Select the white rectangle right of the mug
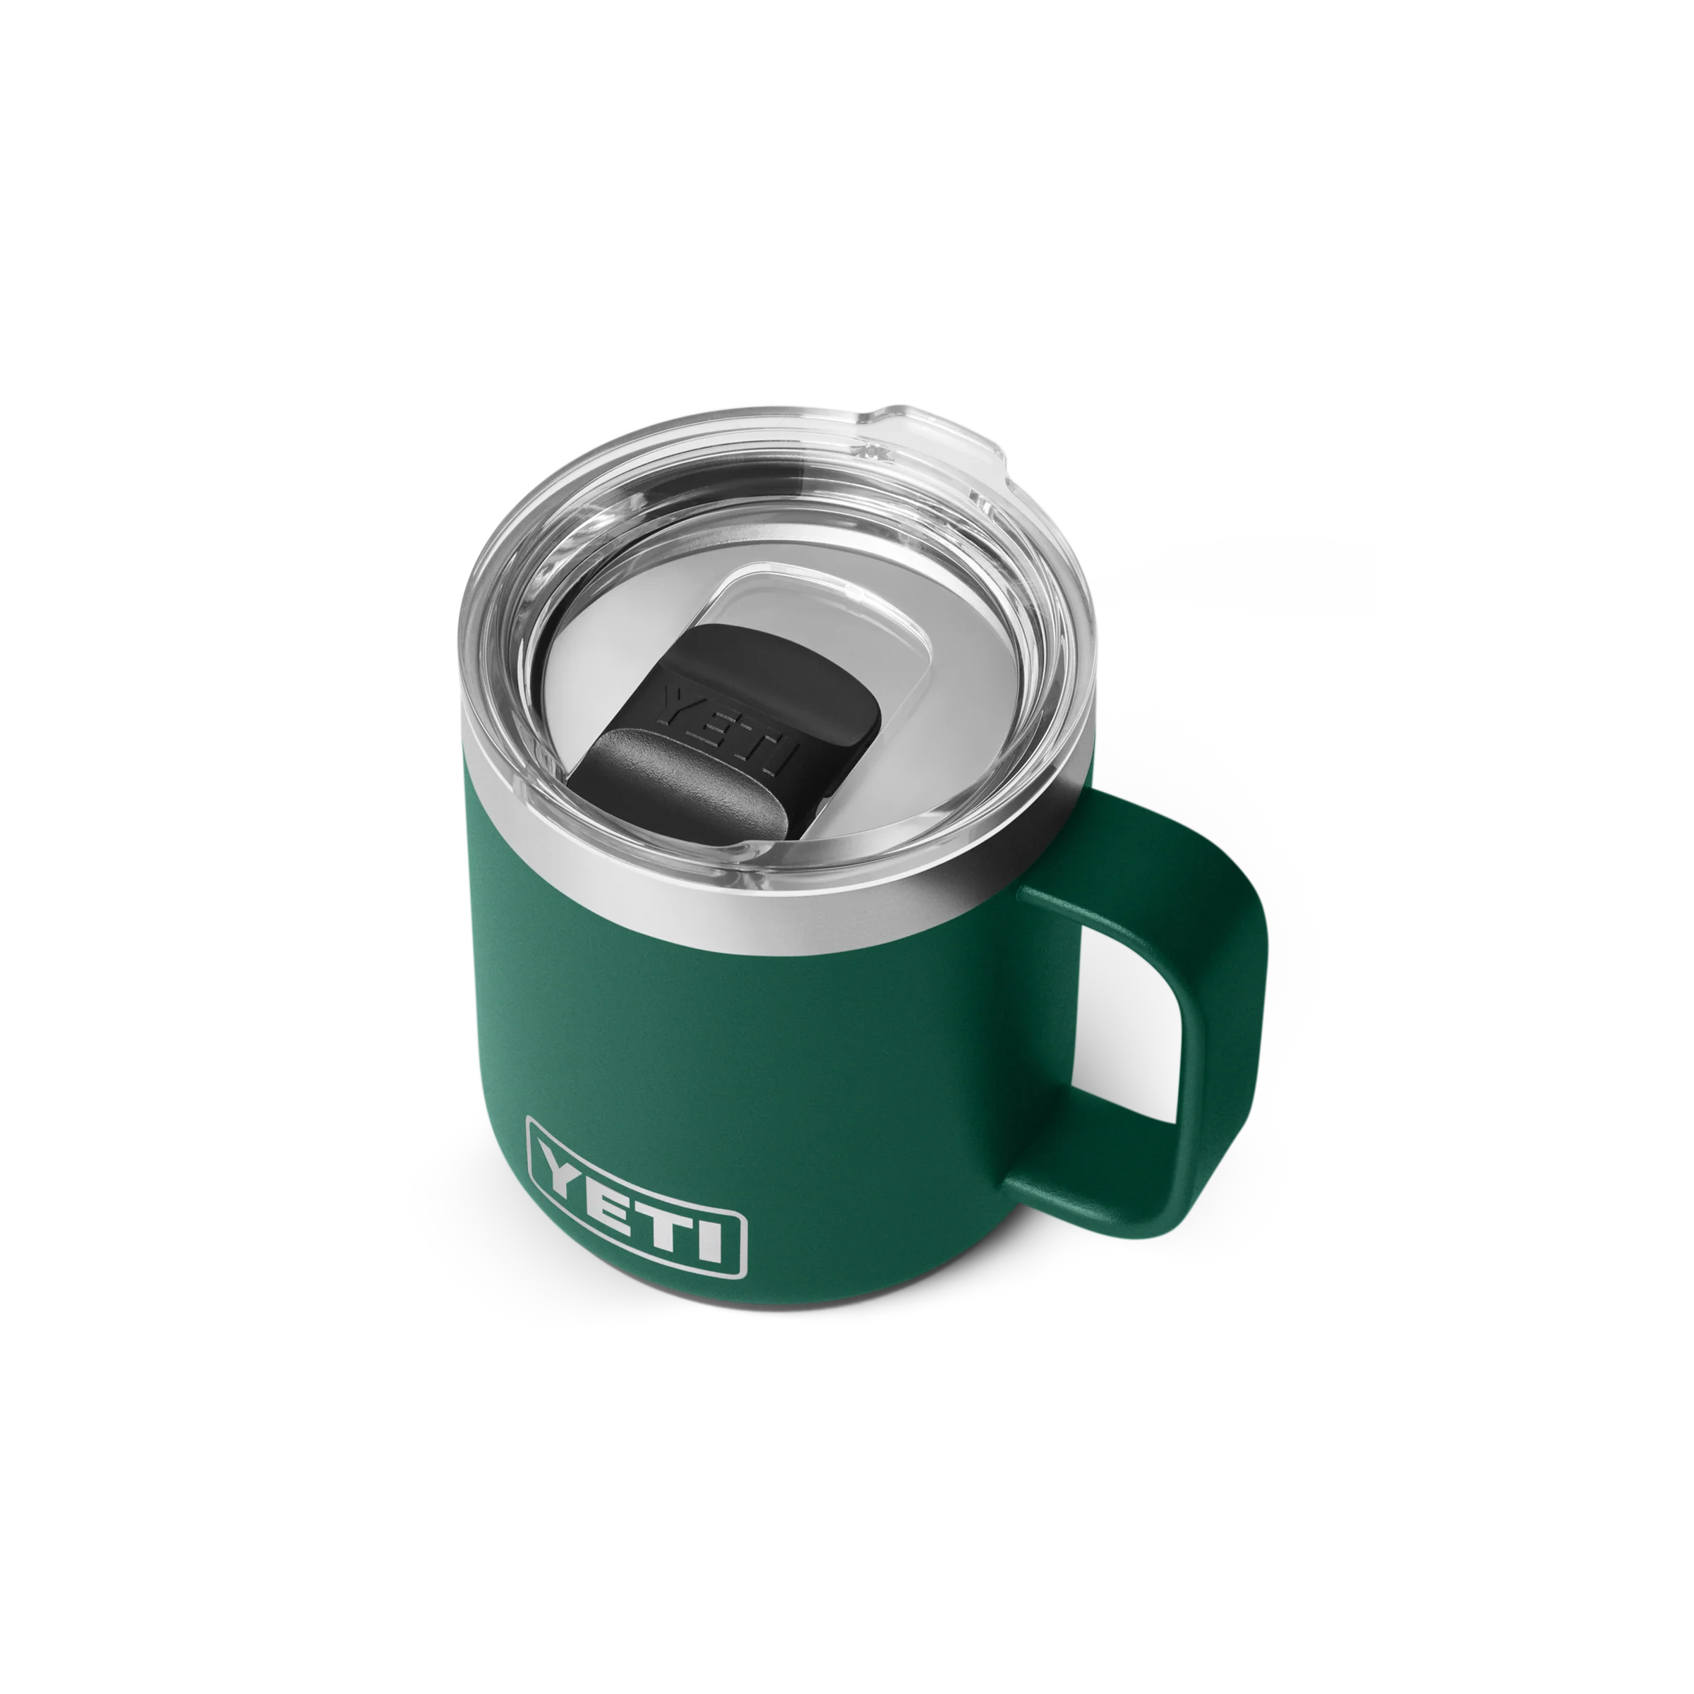click(1534, 579)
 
